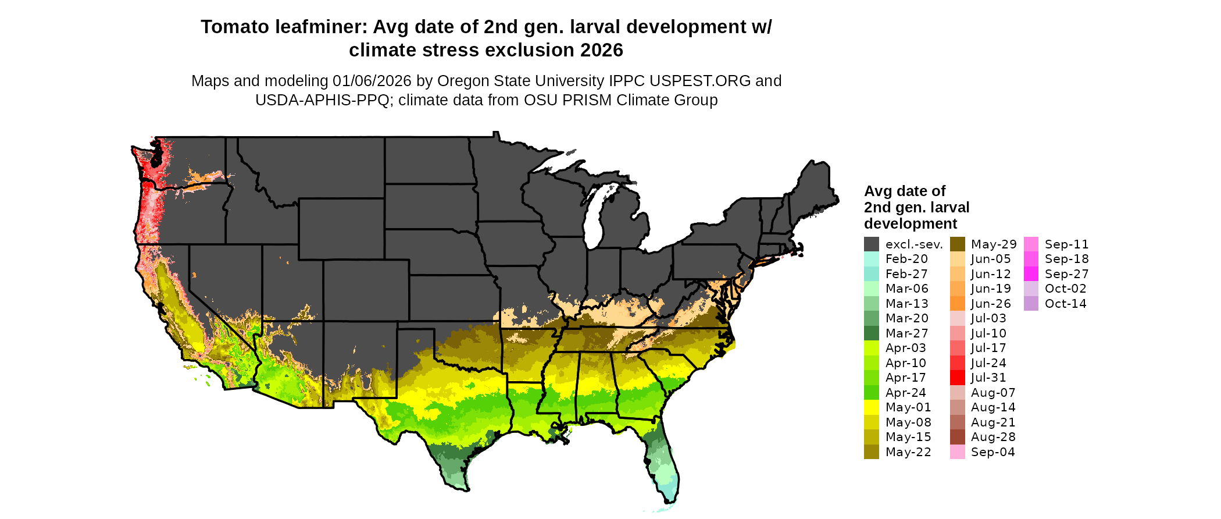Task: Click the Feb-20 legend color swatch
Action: click(871, 259)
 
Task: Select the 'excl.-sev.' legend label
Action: click(913, 244)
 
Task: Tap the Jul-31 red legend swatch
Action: click(957, 378)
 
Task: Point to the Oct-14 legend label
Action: click(1065, 304)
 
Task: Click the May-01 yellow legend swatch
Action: click(871, 407)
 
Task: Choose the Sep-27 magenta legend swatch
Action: click(1031, 274)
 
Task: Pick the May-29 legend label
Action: click(994, 244)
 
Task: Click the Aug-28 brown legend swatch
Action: click(957, 437)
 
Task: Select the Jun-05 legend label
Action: click(991, 259)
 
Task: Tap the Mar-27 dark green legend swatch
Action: click(871, 333)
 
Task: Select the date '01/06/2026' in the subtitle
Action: click(372, 81)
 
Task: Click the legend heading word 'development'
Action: click(911, 224)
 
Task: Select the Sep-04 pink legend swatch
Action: click(957, 452)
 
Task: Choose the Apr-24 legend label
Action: click(905, 393)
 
